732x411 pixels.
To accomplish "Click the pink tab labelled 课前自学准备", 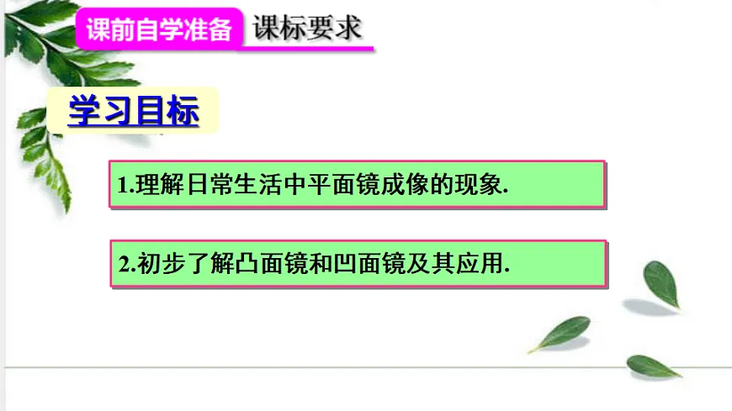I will coord(159,30).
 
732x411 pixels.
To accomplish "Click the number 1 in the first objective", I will coord(122,187).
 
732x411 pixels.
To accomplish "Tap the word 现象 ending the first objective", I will coord(482,186).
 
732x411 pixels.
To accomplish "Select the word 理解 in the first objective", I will coord(150,186).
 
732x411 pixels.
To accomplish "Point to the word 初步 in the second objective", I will coord(150,265).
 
